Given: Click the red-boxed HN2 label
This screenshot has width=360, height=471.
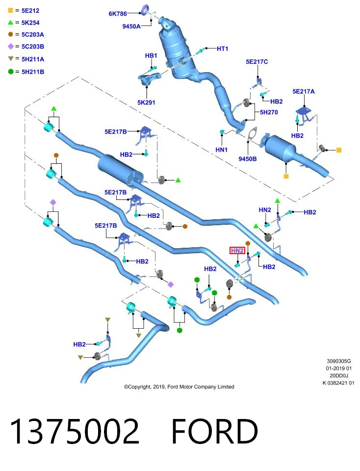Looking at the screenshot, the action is (x=237, y=251).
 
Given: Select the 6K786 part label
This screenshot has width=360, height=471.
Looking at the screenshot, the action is (x=118, y=14).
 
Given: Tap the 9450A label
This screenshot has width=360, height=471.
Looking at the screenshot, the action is (x=131, y=26).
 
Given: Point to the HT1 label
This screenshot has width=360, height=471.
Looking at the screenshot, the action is (x=223, y=49).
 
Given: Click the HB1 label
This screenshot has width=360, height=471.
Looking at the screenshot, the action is (x=151, y=55).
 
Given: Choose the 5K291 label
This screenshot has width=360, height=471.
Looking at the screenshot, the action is (x=146, y=103).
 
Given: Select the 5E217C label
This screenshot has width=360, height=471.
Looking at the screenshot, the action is (x=257, y=62).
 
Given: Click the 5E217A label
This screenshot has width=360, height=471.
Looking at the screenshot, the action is (x=304, y=91).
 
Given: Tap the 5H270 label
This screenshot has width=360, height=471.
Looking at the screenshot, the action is (x=269, y=112).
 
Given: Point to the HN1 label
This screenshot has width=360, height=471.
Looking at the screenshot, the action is (x=222, y=150).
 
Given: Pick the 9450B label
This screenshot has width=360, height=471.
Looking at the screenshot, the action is (x=247, y=159).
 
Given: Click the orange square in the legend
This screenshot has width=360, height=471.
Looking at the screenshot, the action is (x=10, y=10).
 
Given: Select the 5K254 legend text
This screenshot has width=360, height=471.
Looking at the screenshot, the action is (x=30, y=23).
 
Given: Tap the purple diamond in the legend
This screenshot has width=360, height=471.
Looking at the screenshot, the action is (x=11, y=46).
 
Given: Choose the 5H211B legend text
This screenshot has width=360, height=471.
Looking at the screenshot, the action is (x=33, y=72).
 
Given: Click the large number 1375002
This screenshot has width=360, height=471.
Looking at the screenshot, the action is (x=75, y=431).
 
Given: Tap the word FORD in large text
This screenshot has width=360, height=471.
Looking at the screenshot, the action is (x=215, y=431).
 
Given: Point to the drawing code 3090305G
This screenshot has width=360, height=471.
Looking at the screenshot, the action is (x=339, y=361).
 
